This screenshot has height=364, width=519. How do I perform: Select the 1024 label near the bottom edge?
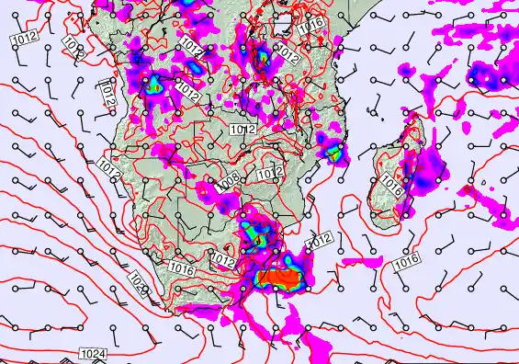92,354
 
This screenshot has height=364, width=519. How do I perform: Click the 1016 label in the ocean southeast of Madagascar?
407,264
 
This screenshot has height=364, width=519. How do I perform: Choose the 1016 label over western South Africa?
181,269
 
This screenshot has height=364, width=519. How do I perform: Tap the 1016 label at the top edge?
313,25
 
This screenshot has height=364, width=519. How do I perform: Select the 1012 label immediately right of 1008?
270,173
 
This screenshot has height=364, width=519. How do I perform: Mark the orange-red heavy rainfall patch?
279,277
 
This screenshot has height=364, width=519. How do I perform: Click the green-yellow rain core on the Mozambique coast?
333,150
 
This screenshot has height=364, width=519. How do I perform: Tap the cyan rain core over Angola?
153,86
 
